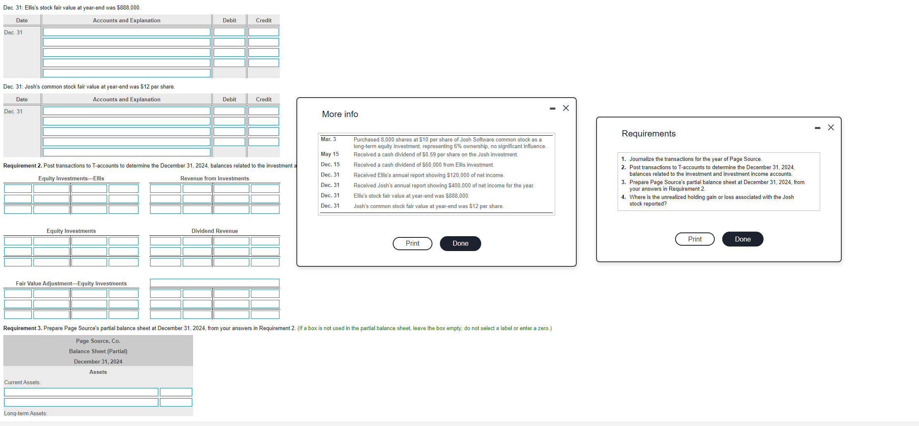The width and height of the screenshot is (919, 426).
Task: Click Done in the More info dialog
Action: click(x=460, y=244)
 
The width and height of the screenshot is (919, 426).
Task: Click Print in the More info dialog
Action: click(x=412, y=244)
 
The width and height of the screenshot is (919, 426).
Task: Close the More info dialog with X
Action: click(x=566, y=108)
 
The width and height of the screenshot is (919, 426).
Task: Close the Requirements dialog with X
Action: click(x=831, y=127)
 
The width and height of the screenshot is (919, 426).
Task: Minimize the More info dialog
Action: click(x=553, y=108)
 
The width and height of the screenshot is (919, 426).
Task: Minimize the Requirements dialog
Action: click(x=817, y=128)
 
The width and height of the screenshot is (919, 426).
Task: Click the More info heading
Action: click(x=340, y=114)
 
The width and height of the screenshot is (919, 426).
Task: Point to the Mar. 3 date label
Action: click(x=328, y=139)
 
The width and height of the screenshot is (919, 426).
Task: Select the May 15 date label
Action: click(x=329, y=154)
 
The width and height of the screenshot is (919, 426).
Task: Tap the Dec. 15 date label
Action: click(x=330, y=165)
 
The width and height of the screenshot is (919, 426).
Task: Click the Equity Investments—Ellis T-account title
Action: click(x=71, y=179)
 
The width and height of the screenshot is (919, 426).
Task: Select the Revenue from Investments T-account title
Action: click(x=215, y=179)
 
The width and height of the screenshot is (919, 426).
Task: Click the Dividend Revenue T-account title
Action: click(x=215, y=231)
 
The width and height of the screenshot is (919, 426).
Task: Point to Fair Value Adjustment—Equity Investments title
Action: click(x=71, y=284)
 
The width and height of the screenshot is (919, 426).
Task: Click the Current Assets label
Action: click(x=22, y=383)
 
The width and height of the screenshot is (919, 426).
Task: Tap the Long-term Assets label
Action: click(x=26, y=413)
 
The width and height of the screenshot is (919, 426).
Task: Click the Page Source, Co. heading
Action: click(x=98, y=341)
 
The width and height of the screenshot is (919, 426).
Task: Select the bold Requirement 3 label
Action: click(x=22, y=328)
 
